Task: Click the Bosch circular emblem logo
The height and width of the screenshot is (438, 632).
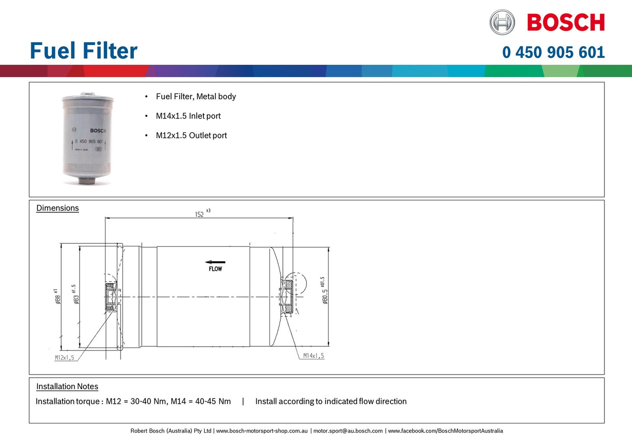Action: coord(502,22)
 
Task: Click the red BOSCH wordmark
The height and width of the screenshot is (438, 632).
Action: coord(566,22)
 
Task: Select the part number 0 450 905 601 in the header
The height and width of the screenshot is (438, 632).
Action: coord(553,53)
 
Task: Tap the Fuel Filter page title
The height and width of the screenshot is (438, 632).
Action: coord(84,51)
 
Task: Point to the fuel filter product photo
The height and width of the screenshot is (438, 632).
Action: coord(88,138)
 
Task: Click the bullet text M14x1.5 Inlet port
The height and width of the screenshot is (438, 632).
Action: coord(188,116)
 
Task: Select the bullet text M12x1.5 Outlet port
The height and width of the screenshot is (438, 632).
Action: coord(191,136)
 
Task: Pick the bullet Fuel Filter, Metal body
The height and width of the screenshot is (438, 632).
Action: coord(196,97)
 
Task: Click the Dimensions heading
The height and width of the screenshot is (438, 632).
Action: coord(57,208)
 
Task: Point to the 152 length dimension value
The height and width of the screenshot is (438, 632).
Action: coord(199,214)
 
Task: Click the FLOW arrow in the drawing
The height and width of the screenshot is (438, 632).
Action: coord(215,263)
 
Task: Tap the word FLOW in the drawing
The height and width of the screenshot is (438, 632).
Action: coord(215,269)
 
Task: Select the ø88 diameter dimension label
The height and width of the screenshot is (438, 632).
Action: coord(57,297)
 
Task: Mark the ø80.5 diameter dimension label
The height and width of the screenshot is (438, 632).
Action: coord(324,291)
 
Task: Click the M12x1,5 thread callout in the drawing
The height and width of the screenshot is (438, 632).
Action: coord(64,358)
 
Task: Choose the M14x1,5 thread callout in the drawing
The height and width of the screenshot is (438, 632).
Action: coord(314,356)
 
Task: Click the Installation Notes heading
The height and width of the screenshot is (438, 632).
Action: coord(67,387)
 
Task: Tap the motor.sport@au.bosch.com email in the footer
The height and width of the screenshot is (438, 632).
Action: coord(348,431)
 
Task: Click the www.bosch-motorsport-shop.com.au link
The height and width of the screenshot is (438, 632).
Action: coord(262,431)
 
